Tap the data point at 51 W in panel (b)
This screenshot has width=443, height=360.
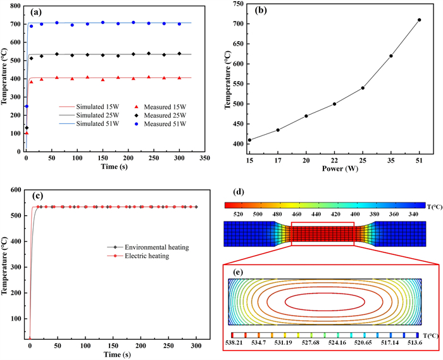click(x=418, y=20)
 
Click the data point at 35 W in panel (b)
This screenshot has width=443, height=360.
click(x=391, y=56)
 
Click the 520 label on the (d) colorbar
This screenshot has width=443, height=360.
click(x=239, y=215)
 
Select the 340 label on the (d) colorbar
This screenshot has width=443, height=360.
click(x=411, y=215)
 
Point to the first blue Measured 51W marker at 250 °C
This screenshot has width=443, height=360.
click(x=27, y=106)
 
